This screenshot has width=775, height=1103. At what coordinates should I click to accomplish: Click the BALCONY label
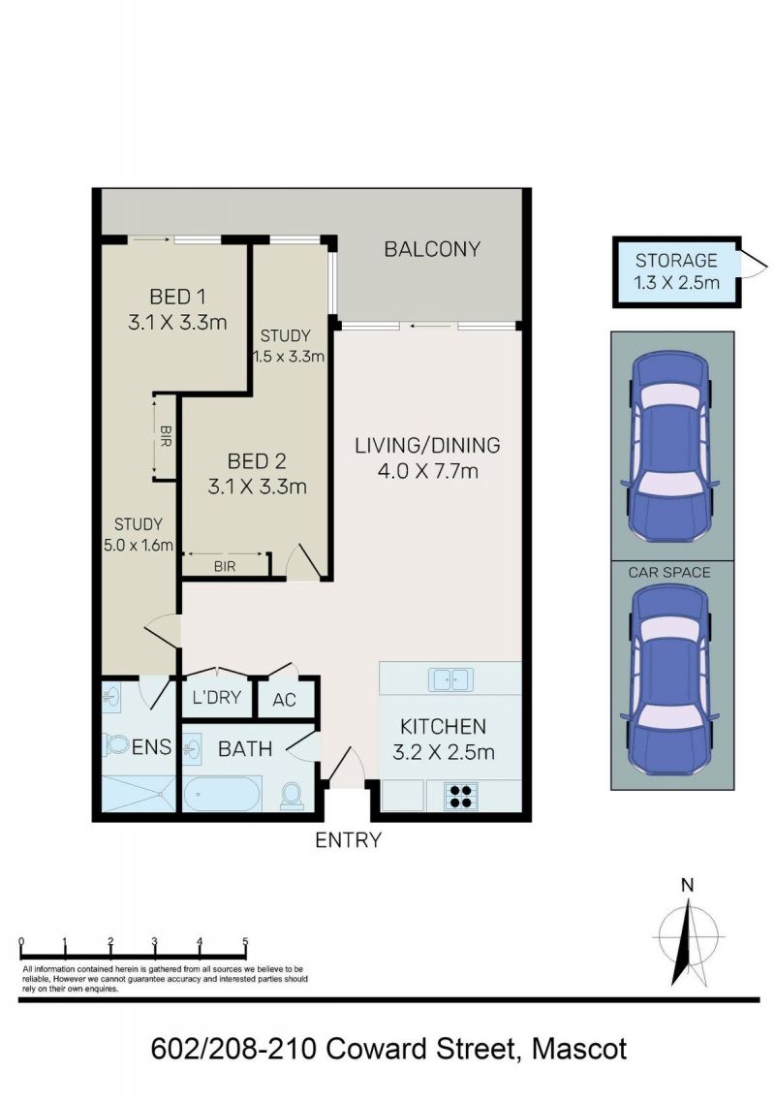point(432,249)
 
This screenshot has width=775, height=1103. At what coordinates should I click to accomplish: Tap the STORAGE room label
point(676,261)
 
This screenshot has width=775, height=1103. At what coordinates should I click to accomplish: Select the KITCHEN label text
point(443,726)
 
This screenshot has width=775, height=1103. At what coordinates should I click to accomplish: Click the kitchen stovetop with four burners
point(461,796)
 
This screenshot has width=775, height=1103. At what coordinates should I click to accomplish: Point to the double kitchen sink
point(450,680)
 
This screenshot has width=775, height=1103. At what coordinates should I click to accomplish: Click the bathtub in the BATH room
point(222,794)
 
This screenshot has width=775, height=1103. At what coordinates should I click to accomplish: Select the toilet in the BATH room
point(292,796)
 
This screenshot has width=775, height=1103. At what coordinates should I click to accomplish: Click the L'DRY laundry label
point(217,697)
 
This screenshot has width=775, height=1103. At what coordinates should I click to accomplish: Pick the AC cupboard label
point(284,700)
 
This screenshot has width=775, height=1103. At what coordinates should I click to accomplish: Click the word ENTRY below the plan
point(348,840)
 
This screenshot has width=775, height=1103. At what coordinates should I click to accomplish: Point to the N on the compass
point(688,886)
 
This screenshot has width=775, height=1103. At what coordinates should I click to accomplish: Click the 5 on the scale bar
point(245,941)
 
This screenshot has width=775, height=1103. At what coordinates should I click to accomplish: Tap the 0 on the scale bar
point(22,941)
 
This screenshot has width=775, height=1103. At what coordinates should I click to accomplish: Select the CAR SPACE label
point(669,573)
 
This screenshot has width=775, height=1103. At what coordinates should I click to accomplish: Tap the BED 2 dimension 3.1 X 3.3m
point(258,487)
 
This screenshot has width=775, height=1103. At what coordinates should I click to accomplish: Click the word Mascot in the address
point(579,1049)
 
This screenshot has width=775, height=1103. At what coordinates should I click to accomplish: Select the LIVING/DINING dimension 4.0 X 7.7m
point(428,471)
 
